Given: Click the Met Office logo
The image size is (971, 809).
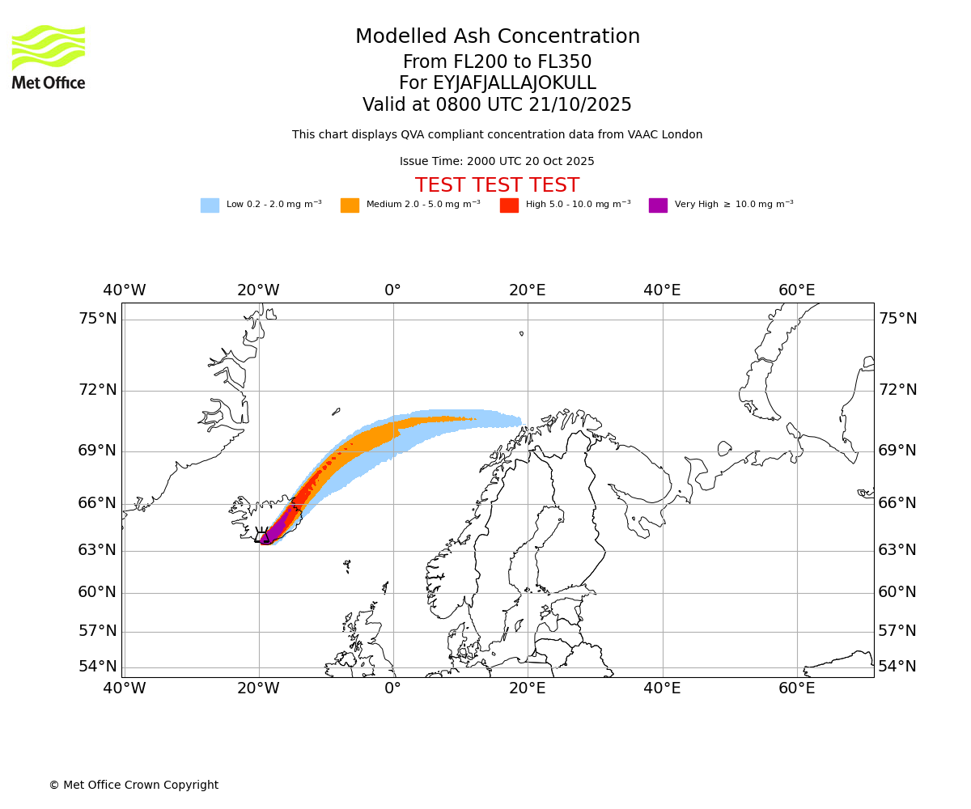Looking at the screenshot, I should coord(49,57).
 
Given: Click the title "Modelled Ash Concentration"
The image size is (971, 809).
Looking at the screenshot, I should coord(497,37).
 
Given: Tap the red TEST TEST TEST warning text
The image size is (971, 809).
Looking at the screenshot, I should coord(497,186).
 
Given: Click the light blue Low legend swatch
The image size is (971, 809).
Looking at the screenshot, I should coord(210,205).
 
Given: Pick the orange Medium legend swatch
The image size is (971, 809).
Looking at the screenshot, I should coord(350,205).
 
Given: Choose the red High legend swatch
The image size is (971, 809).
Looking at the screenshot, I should coord(509,205).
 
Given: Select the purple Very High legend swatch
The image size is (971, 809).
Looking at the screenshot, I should coord(658,205).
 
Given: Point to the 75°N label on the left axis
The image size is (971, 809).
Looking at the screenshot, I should coord(97,319).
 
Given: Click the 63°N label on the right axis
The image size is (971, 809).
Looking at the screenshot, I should coord(897,550).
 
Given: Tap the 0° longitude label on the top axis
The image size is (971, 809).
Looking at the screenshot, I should coord(393,290).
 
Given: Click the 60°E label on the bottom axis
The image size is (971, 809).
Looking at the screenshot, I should coord(797,688).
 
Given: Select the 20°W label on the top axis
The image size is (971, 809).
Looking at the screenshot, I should coord(258,290).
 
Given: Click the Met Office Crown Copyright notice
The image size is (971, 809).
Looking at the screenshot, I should coord(134,786).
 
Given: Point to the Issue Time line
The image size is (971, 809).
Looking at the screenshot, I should coord(497,162).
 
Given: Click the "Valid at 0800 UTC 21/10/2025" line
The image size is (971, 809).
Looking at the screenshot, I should coord(497,105).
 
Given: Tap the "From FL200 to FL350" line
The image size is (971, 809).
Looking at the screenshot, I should coord(497,62).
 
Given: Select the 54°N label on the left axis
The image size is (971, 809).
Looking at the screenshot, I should coord(97,667).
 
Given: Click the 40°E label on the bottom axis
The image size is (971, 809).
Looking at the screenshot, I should coord(662,688).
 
